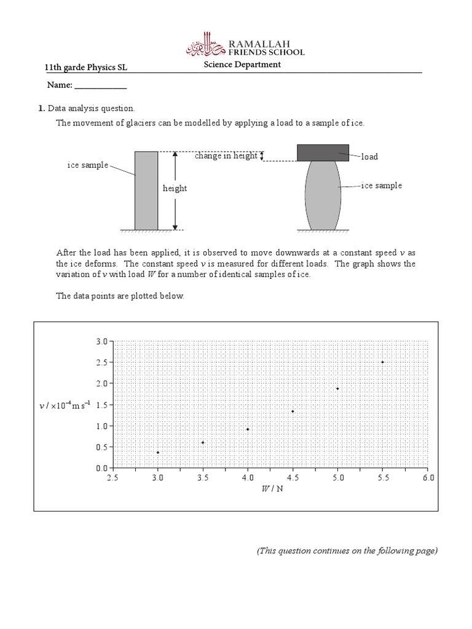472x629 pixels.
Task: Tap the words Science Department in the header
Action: point(243,64)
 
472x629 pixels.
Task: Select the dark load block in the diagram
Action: point(323,152)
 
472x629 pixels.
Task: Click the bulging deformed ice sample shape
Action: point(323,195)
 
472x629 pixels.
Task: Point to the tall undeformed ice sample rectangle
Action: point(146,190)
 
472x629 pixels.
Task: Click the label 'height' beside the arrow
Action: point(175,189)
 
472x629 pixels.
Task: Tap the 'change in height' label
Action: point(226,156)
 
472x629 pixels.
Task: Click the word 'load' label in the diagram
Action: point(369,157)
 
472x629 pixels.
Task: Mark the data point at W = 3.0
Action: point(158,453)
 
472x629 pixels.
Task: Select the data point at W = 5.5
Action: point(383,362)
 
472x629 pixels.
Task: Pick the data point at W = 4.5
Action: point(293,412)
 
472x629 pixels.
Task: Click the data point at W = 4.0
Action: point(248,429)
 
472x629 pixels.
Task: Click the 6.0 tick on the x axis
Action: point(428,477)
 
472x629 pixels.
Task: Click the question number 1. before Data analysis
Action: point(42,108)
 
